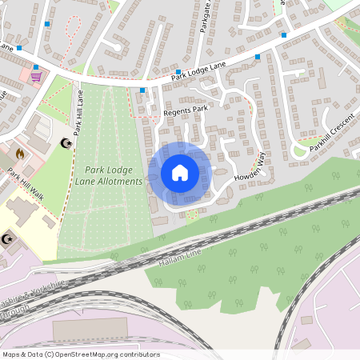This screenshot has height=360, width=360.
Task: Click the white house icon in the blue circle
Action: [x=179, y=173]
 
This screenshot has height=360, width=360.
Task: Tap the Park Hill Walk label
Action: [x=26, y=181]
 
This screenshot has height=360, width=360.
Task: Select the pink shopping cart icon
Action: [x=36, y=77]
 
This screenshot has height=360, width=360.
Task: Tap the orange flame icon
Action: [x=21, y=152]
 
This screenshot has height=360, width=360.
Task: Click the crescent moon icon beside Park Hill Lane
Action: [x=66, y=143]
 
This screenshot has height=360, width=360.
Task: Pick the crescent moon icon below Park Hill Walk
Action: [x=9, y=238]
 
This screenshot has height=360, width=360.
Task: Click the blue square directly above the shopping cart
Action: [x=36, y=67]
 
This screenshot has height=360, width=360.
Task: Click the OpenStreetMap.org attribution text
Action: [x=103, y=354]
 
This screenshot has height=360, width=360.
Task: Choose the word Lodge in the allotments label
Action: [x=110, y=170]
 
